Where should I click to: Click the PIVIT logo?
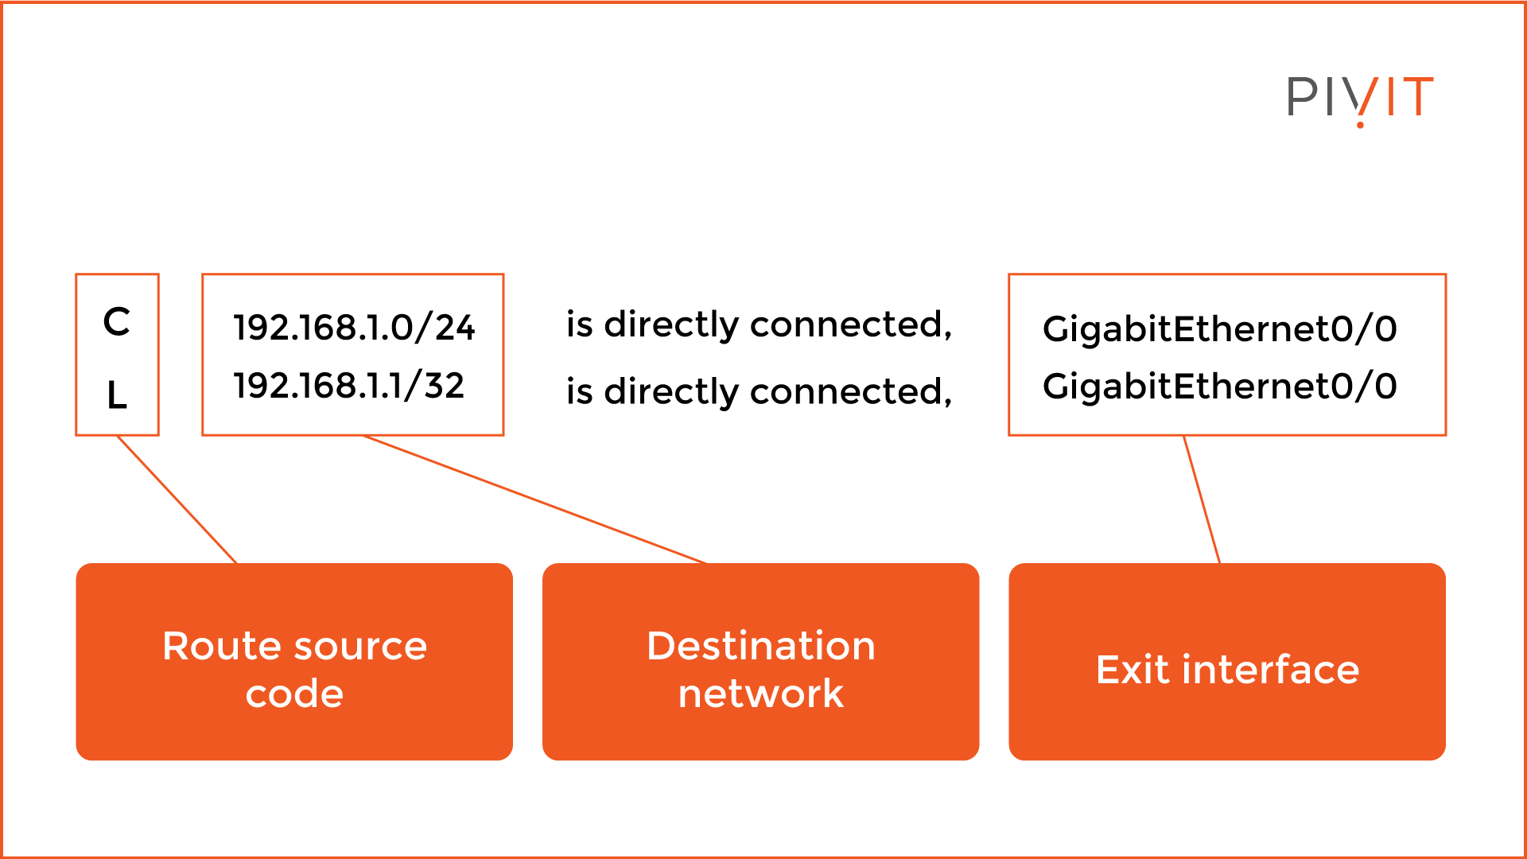1360,99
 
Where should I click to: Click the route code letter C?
117,322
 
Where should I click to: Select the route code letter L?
117,395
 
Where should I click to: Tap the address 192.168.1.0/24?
354,328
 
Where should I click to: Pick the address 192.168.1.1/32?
348,386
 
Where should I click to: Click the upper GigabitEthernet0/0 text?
1219,328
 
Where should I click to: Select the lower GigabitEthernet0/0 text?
1219,387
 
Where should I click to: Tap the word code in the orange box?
294,694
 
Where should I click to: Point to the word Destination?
761,646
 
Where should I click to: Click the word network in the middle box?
761,694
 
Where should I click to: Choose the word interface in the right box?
1271,670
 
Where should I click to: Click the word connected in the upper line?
850,325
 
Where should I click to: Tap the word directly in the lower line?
671,392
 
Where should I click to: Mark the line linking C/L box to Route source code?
177,499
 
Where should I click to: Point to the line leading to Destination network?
534,499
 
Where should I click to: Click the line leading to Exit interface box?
1202,499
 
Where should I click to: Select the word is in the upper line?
579,325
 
